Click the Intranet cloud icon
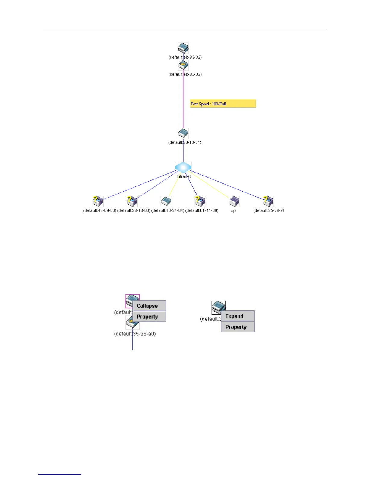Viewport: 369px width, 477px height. click(183, 167)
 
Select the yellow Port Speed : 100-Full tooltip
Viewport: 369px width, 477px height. click(223, 104)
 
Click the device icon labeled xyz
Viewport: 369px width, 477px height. click(234, 201)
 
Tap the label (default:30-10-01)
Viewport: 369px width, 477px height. click(185, 142)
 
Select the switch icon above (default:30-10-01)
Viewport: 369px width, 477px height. click(183, 133)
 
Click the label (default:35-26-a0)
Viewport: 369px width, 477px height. click(135, 334)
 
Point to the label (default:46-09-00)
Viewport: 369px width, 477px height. click(99, 210)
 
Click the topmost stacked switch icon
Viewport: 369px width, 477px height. click(183, 48)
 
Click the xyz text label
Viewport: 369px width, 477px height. click(234, 210)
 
